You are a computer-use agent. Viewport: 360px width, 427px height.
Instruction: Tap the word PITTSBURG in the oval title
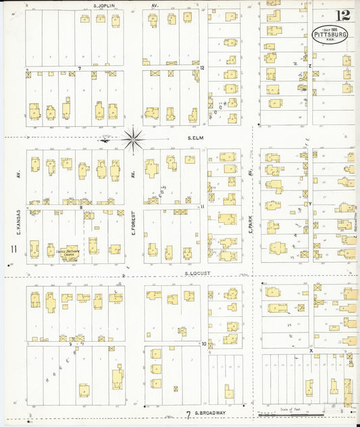pyautogui.click(x=330, y=34)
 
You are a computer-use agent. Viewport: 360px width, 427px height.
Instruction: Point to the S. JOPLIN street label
pyautogui.click(x=104, y=5)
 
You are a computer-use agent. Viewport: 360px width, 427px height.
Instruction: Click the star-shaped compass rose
pyautogui.click(x=132, y=140)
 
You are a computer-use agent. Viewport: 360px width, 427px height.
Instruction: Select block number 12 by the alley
pyautogui.click(x=202, y=68)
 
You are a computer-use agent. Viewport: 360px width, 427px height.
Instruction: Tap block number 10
pyautogui.click(x=203, y=343)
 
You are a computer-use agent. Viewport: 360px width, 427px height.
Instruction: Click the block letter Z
pyautogui.click(x=310, y=66)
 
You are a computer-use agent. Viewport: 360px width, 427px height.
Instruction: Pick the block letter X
pyautogui.click(x=311, y=351)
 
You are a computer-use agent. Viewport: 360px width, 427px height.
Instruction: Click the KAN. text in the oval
pyautogui.click(x=331, y=41)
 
